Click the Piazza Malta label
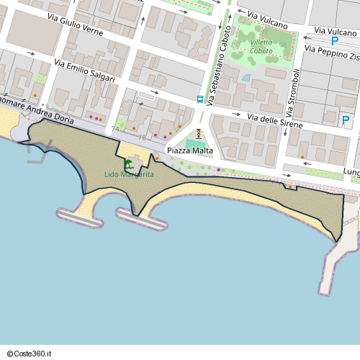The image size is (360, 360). pos(190,150)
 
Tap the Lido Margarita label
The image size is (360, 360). pos(129,174)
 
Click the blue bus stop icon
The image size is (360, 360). pos(200,99)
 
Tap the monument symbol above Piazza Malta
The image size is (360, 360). pos(198,133)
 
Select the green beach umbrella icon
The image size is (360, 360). pos(129,164)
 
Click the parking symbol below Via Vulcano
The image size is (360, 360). pos(336,42)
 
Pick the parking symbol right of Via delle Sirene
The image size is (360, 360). pos(346,120)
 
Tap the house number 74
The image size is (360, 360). pos(116,129)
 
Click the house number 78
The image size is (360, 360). pos(142,137)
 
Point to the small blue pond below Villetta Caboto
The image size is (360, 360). pos(246,78)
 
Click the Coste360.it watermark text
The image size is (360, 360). pos(30,353)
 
